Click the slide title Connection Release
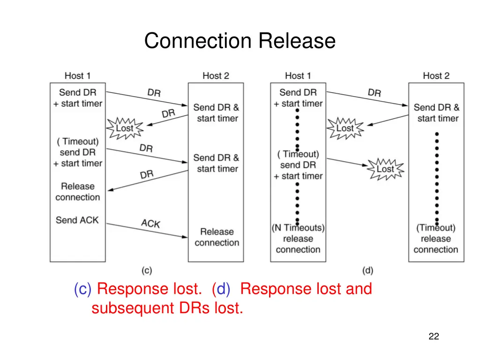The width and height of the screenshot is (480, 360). [240, 41]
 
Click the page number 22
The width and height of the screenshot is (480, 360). [434, 336]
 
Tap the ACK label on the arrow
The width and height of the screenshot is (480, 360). [150, 224]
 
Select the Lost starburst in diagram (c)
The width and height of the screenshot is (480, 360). [124, 128]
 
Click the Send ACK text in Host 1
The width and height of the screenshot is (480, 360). [77, 220]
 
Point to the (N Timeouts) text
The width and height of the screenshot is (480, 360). [298, 228]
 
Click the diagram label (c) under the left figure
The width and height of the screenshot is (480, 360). [147, 270]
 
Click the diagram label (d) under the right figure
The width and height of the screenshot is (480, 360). [367, 270]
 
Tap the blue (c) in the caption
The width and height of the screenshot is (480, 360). [82, 289]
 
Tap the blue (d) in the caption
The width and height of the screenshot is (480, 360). [221, 289]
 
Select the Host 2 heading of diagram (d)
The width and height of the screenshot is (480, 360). [436, 75]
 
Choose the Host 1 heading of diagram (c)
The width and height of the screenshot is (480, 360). [77, 75]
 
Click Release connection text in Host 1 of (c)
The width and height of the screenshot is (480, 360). [77, 192]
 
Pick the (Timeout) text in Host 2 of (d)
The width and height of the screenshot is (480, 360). [436, 228]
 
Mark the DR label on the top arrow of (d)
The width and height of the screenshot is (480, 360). [374, 93]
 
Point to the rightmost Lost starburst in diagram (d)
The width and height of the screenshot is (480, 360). [385, 169]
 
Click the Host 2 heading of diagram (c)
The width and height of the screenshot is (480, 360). [216, 75]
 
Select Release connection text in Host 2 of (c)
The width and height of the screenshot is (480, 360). [217, 237]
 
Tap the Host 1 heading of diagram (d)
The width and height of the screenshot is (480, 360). [298, 75]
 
